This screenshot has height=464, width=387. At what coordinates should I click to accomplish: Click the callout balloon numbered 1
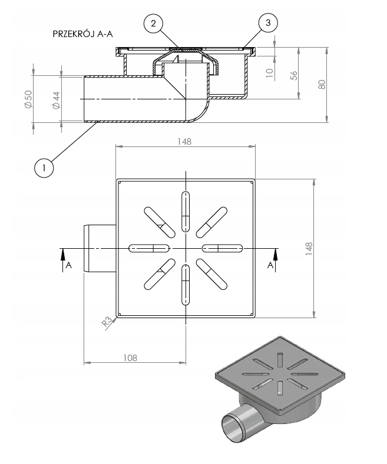point(44,168)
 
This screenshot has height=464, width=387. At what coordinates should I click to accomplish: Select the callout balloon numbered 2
point(153,23)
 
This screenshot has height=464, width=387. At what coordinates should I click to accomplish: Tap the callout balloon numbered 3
point(268,23)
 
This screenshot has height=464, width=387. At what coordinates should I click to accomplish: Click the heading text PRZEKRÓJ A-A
point(82,34)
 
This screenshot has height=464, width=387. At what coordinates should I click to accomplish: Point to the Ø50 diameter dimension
point(28,99)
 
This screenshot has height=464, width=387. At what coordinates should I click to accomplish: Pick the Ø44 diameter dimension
point(57,100)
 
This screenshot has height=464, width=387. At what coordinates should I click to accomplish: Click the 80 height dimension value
point(322,84)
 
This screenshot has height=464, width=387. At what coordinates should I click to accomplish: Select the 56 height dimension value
point(294,75)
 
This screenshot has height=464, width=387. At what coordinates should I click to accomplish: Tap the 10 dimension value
point(269,73)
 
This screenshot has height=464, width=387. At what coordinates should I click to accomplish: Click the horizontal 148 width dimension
point(184,142)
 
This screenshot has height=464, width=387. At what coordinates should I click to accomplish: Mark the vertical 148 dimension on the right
point(309,249)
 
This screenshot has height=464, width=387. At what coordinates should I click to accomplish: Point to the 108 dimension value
point(130,358)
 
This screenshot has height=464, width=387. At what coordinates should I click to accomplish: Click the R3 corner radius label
point(108,322)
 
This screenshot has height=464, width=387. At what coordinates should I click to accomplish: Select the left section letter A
point(68,265)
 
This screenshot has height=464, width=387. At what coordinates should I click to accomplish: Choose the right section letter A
point(270,265)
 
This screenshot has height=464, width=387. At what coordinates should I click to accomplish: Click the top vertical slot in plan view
point(186,212)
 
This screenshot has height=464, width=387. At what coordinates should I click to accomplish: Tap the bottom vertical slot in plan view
point(186,285)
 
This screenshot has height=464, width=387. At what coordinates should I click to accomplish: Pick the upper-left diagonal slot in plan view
point(160,222)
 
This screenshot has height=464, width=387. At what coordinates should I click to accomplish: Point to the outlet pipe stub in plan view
point(100,249)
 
